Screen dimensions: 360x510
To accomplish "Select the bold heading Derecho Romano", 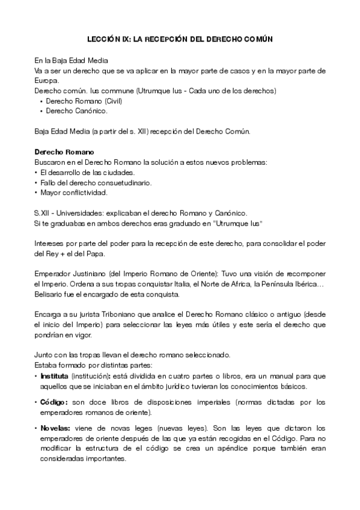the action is coord(60,152).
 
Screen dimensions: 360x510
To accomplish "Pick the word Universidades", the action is coord(78,213).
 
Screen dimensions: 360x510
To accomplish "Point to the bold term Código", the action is coord(53,402).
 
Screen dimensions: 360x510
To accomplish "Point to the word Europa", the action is coord(47,81).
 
